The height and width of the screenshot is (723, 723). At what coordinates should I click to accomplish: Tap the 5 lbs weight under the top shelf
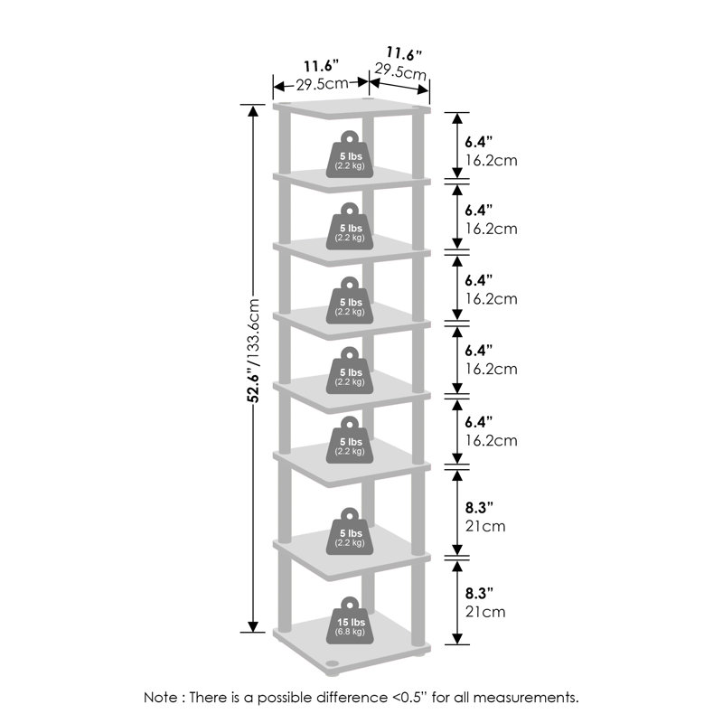tap(350, 154)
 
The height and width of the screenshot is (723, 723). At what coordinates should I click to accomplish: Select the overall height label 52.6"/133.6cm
tap(253, 351)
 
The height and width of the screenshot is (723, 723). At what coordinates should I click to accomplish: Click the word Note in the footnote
tap(160, 697)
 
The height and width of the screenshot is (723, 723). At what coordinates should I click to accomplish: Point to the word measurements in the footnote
tap(525, 697)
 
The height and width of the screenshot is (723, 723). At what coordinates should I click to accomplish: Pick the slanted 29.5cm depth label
tap(400, 71)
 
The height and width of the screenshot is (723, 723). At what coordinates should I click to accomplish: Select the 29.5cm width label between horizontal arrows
tap(322, 84)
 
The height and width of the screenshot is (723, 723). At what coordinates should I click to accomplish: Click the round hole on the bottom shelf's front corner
tap(331, 663)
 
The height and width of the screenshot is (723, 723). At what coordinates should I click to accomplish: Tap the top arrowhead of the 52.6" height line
tap(253, 111)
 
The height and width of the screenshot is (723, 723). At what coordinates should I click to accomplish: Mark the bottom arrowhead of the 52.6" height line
tap(253, 626)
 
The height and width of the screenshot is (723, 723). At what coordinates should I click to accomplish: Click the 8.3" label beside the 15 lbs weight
tap(479, 593)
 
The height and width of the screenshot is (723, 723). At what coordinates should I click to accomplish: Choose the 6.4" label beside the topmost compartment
tap(479, 141)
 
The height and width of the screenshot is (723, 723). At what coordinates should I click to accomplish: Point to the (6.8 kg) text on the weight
tap(350, 631)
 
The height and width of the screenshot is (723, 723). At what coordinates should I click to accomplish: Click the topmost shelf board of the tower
tap(352, 109)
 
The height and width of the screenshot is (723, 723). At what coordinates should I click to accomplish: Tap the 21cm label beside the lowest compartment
tap(485, 612)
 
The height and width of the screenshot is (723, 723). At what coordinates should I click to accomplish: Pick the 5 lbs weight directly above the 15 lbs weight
tap(350, 531)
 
